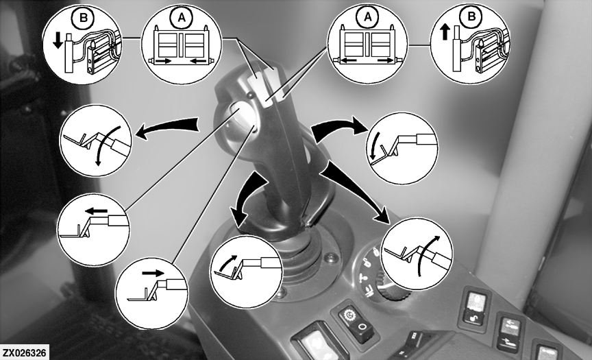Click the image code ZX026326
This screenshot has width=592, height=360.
[25, 353]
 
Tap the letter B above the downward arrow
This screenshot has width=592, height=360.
[84, 18]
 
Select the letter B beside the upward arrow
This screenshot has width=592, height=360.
[471, 16]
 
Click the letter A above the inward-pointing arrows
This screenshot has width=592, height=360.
[182, 18]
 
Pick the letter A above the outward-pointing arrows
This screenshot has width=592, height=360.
[367, 16]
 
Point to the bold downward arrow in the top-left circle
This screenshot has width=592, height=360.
[58, 40]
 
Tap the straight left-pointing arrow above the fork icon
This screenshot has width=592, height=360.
[96, 211]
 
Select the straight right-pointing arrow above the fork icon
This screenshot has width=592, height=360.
[153, 273]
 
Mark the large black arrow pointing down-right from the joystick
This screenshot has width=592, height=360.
[357, 191]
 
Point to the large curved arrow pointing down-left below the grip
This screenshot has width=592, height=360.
[247, 196]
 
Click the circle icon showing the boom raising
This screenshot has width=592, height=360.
[417, 254]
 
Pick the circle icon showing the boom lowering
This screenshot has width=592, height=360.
[96, 141]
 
